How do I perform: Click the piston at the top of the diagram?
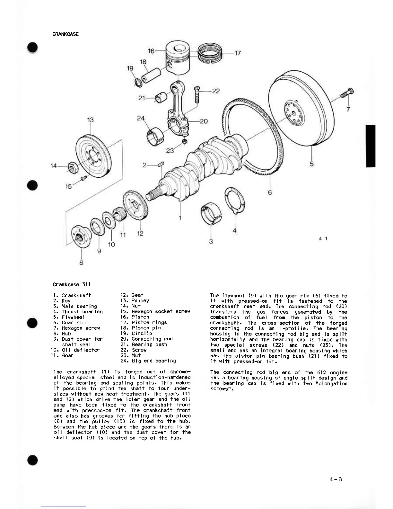tap(178, 58)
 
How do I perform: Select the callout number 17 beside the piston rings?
tap(238, 53)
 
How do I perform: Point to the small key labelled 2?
tap(161, 164)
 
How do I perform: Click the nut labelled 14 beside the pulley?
tap(72, 167)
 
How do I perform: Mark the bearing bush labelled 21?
tap(161, 97)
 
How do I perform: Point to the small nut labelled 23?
tap(185, 141)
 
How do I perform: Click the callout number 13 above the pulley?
tap(91, 120)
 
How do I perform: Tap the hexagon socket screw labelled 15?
tap(84, 178)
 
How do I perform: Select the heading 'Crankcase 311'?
tap(71, 284)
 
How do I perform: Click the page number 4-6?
tap(336, 479)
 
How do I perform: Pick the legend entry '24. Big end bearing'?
tap(148, 361)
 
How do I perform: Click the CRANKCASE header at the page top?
tap(65, 34)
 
